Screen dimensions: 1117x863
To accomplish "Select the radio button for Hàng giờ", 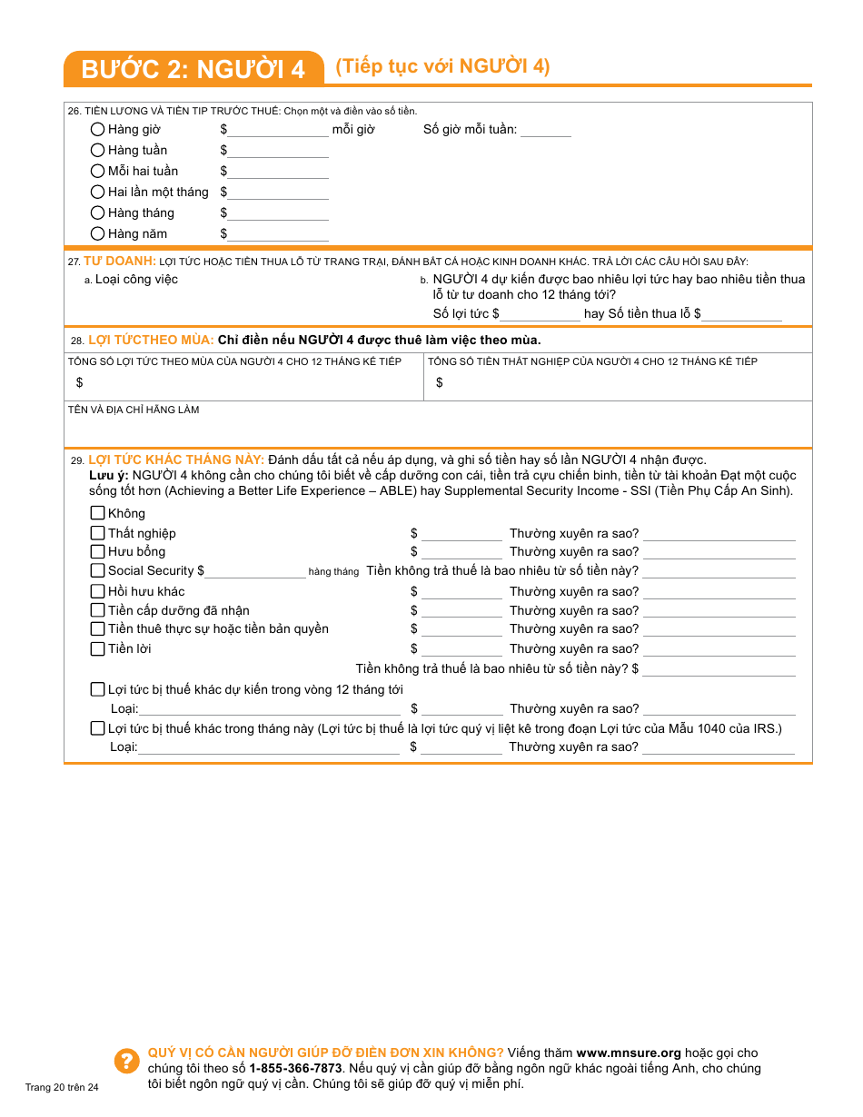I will pos(97,129).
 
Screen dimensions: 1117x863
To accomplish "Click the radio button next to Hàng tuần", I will pos(97,150).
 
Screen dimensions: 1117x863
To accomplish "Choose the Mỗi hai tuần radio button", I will pos(97,171).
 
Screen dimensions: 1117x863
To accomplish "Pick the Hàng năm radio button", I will pos(97,233).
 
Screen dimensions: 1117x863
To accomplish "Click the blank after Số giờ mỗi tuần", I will pos(545,130).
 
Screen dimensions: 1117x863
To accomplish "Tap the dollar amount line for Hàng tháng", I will pos(278,213).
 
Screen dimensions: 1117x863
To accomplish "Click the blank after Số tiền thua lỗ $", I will pos(741,314).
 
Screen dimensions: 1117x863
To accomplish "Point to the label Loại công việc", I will pos(136,280).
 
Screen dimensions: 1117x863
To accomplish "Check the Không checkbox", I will pos(97,513).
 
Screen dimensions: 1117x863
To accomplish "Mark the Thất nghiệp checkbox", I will pos(97,533).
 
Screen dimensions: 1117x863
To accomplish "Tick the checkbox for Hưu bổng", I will pos(97,551).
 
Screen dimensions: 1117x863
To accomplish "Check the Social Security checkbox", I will pos(97,570).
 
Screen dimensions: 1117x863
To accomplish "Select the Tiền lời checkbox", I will pos(97,648).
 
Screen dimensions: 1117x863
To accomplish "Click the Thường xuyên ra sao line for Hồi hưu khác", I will pos(719,592).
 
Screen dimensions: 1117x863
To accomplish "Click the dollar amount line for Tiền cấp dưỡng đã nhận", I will pos(461,611).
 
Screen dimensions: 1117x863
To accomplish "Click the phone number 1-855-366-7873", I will pos(295,1068).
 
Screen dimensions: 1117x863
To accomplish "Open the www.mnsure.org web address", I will pos(628,1053).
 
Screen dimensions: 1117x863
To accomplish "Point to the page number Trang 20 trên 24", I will pos(62,1087).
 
